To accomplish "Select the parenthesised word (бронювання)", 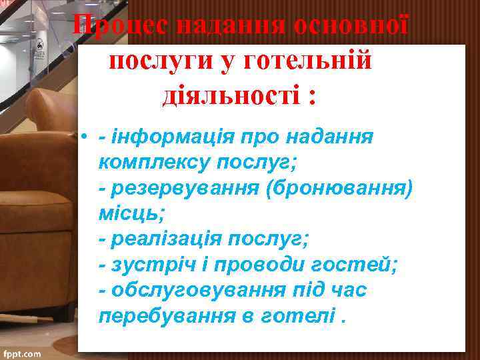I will pyautogui.click(x=339, y=188).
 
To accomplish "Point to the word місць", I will pyautogui.click(x=129, y=213).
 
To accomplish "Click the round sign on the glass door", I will pyautogui.click(x=39, y=48).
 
